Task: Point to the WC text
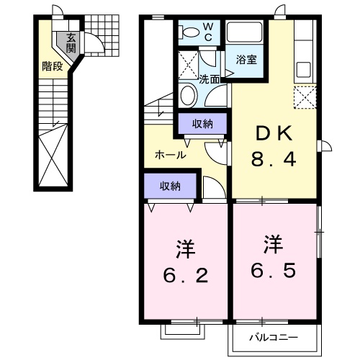[x=207, y=32]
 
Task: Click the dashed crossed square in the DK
[x=305, y=96]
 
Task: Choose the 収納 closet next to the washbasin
[x=202, y=124]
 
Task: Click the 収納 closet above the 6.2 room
[x=170, y=186]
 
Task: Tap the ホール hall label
[x=171, y=155]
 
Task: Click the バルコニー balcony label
[x=274, y=337]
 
